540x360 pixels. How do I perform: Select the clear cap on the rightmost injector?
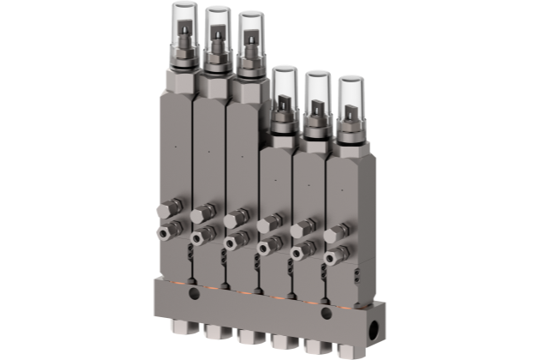click(x=350, y=99)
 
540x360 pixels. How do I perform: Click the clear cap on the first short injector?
click(x=284, y=89)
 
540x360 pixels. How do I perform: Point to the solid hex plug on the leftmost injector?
click(x=170, y=208)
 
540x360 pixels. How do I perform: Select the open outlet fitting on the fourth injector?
click(x=267, y=247)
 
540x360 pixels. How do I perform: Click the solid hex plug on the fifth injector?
click(x=302, y=231)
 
